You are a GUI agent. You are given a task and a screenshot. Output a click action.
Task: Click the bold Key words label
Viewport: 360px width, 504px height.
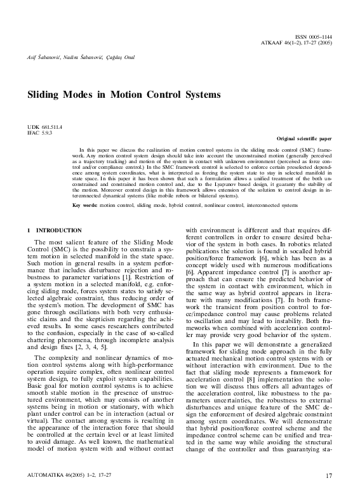(x=84, y=206)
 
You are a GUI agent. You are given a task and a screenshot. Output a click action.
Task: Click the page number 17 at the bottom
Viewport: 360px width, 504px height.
(x=328, y=493)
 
